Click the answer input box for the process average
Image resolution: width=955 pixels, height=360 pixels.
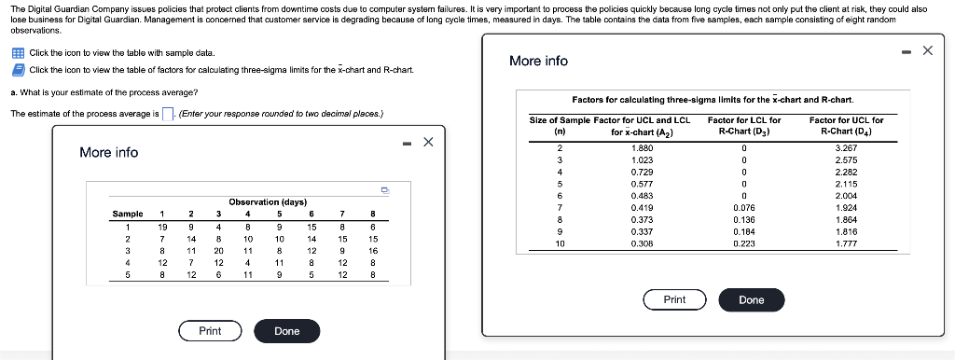(169, 115)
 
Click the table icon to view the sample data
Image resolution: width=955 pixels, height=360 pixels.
(18, 53)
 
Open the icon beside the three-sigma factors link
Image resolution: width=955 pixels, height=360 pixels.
(18, 70)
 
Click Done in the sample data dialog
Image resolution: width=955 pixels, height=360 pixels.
(287, 331)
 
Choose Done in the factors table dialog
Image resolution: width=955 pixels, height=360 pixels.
(751, 299)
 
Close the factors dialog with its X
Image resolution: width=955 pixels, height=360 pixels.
(927, 50)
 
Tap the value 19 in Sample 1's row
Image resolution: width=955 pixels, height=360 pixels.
(162, 226)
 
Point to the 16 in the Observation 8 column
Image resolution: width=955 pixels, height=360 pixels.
(372, 251)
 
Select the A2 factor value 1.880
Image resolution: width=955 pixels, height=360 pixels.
(643, 147)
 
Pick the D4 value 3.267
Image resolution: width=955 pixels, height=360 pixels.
(847, 147)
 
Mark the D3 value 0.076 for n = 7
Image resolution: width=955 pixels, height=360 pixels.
(744, 208)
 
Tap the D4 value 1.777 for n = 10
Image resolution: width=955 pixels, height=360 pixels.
(847, 242)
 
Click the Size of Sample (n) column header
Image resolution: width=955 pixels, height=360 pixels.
(560, 126)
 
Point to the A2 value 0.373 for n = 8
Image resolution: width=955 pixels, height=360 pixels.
(643, 219)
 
